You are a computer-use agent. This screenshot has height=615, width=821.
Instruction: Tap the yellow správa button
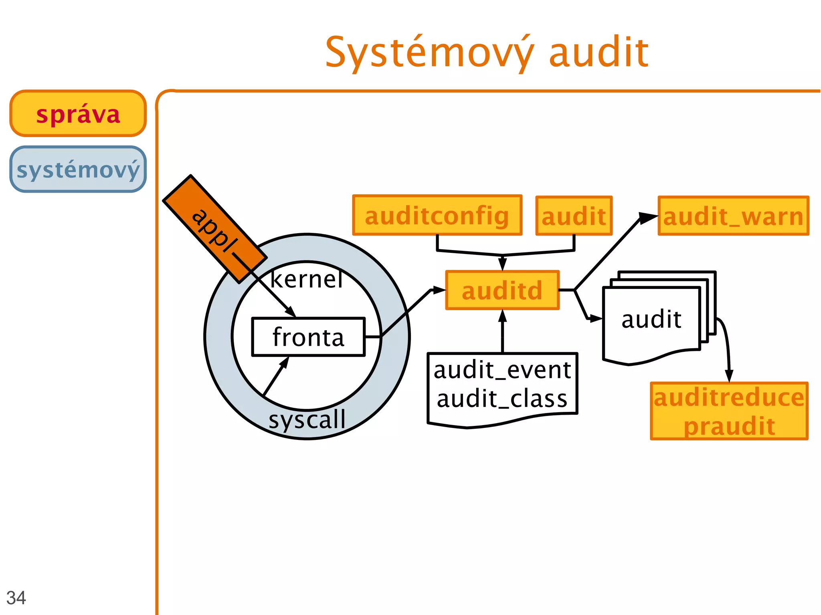pos(78,114)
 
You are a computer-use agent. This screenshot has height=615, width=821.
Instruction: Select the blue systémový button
pos(78,169)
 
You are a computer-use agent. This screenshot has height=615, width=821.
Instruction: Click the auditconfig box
pos(437,216)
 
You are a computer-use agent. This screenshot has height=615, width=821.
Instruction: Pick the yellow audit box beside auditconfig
pos(574,216)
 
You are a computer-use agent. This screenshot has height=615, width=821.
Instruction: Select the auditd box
pos(502,290)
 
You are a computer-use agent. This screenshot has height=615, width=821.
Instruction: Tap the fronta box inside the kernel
pos(308,337)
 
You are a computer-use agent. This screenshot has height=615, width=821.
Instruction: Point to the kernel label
pos(307,279)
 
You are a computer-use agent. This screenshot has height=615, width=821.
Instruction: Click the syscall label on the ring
pos(307,420)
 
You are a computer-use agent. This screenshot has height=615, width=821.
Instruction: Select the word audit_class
pos(502,399)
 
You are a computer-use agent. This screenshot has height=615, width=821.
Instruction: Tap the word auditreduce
pos(729,397)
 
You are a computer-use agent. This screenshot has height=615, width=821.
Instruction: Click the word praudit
pos(729,426)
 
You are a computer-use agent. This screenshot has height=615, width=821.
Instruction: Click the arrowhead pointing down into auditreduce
pos(729,375)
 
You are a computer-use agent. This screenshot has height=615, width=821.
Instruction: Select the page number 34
pos(16,598)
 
